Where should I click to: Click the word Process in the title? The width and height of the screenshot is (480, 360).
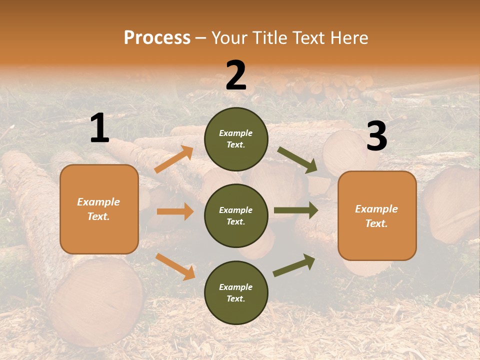[x=157, y=38]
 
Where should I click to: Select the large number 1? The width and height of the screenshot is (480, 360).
[x=99, y=129]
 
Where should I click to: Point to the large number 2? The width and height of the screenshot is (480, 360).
[x=236, y=75]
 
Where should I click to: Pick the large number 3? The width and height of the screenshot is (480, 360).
[x=376, y=136]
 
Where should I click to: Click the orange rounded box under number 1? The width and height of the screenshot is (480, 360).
[x=99, y=209]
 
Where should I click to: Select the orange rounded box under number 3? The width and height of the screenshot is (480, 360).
[x=377, y=215]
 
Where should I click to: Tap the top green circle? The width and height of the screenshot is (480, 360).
[x=236, y=139]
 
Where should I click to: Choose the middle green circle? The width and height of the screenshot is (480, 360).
[x=236, y=215]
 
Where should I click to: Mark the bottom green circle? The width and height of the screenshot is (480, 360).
[x=236, y=292]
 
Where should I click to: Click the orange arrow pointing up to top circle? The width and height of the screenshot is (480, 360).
[x=174, y=159]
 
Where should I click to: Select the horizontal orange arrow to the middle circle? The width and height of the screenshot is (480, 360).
[x=175, y=211]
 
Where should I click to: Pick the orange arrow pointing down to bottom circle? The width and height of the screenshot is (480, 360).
[x=175, y=266]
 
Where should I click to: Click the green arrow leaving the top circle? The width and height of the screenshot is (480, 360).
[x=297, y=160]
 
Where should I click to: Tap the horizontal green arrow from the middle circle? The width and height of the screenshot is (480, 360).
[x=295, y=210]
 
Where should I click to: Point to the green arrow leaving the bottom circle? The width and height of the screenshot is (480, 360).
[x=294, y=265]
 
